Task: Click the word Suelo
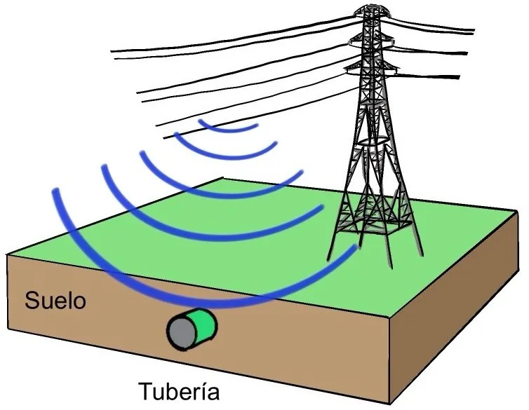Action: (x=55, y=301)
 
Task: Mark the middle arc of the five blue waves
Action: (x=210, y=184)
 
